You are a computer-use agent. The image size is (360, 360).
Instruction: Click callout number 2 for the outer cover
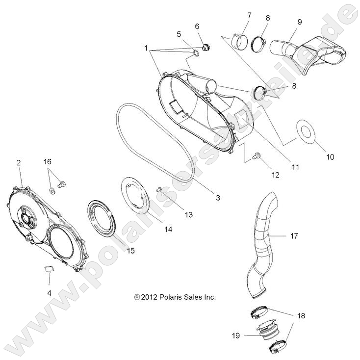(19, 162)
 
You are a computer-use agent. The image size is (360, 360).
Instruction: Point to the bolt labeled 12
(256, 156)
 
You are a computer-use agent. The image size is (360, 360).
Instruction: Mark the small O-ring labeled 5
(196, 52)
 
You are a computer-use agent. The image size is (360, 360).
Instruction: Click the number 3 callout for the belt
(204, 198)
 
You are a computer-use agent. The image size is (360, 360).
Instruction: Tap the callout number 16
(48, 161)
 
